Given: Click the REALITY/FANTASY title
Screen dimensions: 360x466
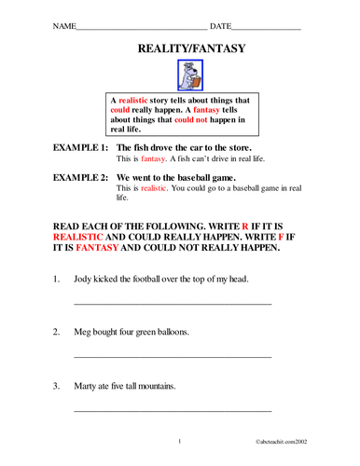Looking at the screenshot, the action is pos(180,47).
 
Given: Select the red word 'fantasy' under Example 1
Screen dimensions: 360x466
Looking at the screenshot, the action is pos(153,159).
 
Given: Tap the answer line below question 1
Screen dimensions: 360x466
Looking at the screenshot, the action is pos(172,304).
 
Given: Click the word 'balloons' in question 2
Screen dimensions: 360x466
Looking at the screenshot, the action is pos(170,332).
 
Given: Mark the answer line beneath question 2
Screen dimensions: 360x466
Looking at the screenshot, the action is pos(172,357).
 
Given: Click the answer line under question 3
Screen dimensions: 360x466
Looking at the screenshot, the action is pos(172,410).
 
